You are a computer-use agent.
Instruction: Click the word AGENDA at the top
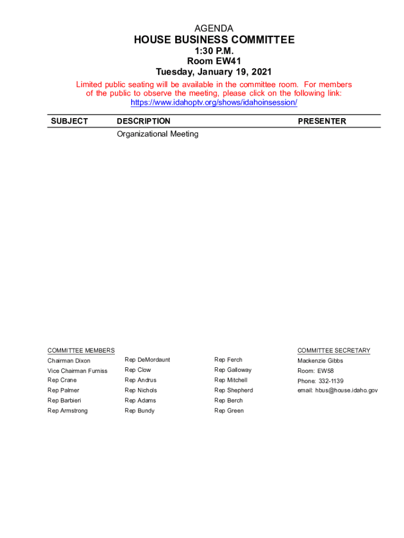(x=214, y=28)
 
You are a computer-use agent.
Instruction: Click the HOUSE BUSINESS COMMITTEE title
(x=214, y=40)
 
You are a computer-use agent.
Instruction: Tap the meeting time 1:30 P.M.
(x=214, y=51)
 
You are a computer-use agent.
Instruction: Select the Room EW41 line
(x=214, y=61)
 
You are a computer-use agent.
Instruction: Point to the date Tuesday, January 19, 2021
(x=214, y=71)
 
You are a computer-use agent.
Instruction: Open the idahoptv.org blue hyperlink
(x=214, y=102)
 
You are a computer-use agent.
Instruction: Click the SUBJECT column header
(x=69, y=121)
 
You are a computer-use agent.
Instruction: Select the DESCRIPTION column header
(x=143, y=121)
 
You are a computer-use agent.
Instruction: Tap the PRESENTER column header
(x=322, y=121)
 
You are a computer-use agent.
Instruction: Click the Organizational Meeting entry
(x=157, y=134)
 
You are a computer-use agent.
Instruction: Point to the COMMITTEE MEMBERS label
(x=81, y=350)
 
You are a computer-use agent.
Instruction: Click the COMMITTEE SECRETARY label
(x=334, y=350)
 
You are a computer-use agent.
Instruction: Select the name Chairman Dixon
(x=69, y=361)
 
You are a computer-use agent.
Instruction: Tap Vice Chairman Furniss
(x=77, y=371)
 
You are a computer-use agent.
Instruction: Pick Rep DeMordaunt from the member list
(x=147, y=360)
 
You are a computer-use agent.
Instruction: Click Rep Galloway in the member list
(x=232, y=370)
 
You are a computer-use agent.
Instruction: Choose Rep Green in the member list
(x=229, y=411)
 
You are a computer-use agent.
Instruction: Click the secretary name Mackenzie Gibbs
(x=320, y=361)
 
